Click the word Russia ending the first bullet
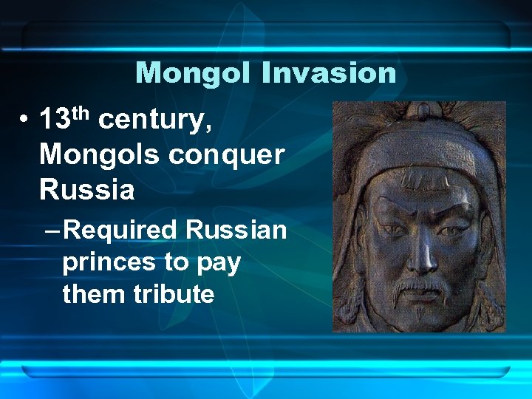[x=86, y=190]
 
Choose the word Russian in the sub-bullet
[x=236, y=230]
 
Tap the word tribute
[x=174, y=294]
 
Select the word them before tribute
[x=95, y=294]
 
